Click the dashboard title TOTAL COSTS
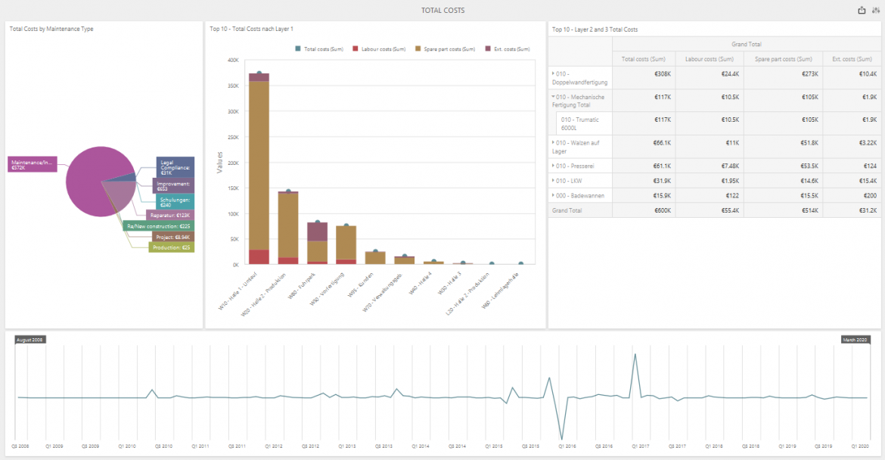pyautogui.click(x=442, y=11)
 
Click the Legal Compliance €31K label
pyautogui.click(x=175, y=166)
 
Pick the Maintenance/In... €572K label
pyautogui.click(x=32, y=164)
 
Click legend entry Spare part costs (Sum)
pyautogui.click(x=446, y=49)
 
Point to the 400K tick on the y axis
pyautogui.click(x=233, y=60)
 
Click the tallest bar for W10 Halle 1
pyautogui.click(x=259, y=174)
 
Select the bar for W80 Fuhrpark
pyautogui.click(x=317, y=242)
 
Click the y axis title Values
pyautogui.click(x=220, y=162)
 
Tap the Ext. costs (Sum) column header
pyautogui.click(x=853, y=59)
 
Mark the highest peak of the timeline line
pyautogui.click(x=635, y=354)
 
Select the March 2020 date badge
pyautogui.click(x=856, y=340)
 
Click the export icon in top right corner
pyautogui.click(x=862, y=11)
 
